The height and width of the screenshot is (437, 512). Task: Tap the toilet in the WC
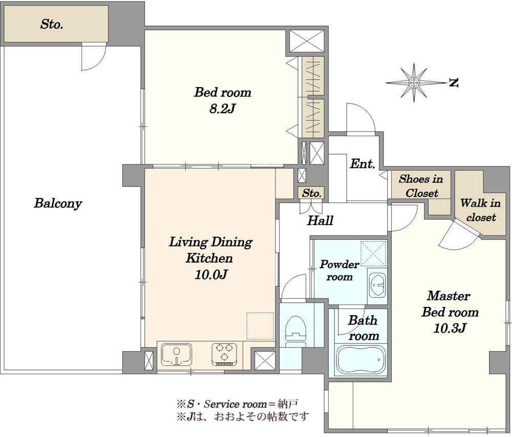[x=295, y=331]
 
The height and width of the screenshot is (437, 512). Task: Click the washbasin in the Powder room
[x=377, y=283]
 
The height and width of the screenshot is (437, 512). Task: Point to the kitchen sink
[x=177, y=355]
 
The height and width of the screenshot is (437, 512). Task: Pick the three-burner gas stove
[x=224, y=354]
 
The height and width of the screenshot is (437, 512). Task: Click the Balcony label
[x=58, y=203]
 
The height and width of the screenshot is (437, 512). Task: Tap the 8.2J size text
[x=222, y=108]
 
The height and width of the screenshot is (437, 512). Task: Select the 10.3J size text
[x=450, y=327]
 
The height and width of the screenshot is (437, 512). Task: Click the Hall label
[x=320, y=221]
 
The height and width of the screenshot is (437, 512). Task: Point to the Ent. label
[x=362, y=164]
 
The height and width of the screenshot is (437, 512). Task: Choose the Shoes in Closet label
[x=421, y=186]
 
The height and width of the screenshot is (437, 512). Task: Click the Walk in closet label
[x=480, y=210]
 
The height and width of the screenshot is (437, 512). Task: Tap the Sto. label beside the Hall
[x=312, y=193]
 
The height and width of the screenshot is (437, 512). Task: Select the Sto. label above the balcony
[x=52, y=24]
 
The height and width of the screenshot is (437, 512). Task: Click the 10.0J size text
[x=211, y=275]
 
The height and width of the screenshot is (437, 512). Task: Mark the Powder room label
[x=339, y=270]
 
